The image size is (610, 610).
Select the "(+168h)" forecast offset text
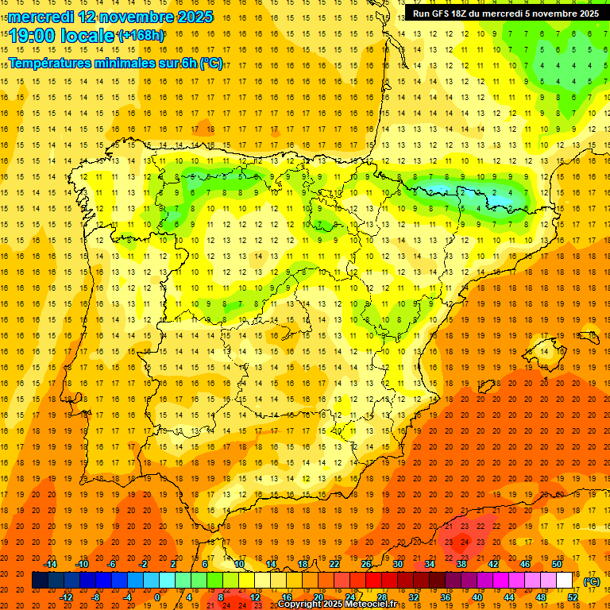pyautogui.click(x=141, y=35)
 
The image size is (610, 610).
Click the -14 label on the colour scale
pyautogui.click(x=51, y=564)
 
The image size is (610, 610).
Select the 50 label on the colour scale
pyautogui.click(x=557, y=564)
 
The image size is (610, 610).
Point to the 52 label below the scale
pyautogui.click(x=573, y=597)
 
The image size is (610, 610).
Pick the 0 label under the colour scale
pyautogui.click(x=156, y=597)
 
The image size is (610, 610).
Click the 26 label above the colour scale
pyautogui.click(x=366, y=564)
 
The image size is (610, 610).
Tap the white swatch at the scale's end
pyautogui.click(x=564, y=581)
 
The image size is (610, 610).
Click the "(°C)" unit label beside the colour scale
pyautogui.click(x=591, y=581)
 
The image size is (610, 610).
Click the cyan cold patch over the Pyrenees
pyautogui.click(x=438, y=190)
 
